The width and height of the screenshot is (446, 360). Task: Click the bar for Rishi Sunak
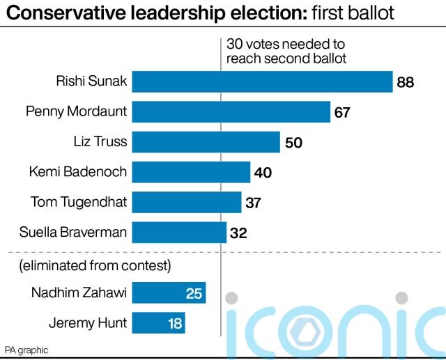pos(262,82)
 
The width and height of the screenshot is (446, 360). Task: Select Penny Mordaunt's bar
pos(231,112)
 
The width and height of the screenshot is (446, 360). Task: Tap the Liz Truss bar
pos(206,142)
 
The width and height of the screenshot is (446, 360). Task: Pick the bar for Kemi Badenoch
pos(191,172)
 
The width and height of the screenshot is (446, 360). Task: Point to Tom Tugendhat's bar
pos(186,202)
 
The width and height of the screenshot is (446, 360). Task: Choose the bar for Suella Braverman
pos(179,232)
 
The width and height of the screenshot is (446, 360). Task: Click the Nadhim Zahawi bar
pos(169,293)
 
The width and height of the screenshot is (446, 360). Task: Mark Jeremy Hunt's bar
pos(158,323)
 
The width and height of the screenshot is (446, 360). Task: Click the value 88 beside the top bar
pos(406,83)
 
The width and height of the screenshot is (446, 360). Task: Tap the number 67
pos(341,112)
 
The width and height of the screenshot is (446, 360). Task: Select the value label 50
pos(293,143)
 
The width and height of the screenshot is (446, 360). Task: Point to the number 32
pos(238,233)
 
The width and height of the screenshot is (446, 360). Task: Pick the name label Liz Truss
pos(100,142)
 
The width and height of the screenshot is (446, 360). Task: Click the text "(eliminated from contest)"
pos(95,266)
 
